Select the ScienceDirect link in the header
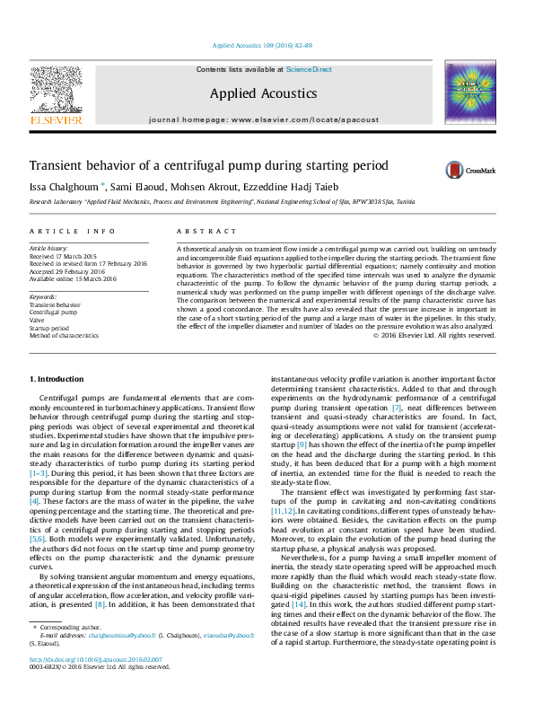click(309, 69)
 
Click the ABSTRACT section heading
click(198, 232)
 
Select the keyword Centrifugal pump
click(57, 312)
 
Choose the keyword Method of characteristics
click(64, 335)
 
